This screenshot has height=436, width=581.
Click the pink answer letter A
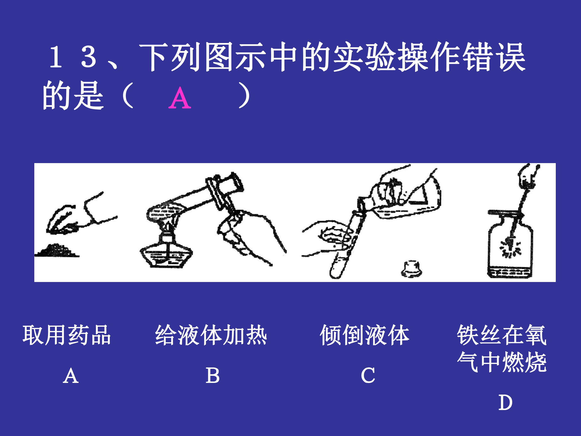pos(180,98)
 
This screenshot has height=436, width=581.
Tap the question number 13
pos(73,57)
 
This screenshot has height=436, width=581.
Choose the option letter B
pos(212,375)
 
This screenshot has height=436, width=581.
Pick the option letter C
pos(368,375)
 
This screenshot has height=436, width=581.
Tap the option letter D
pos(505,403)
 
